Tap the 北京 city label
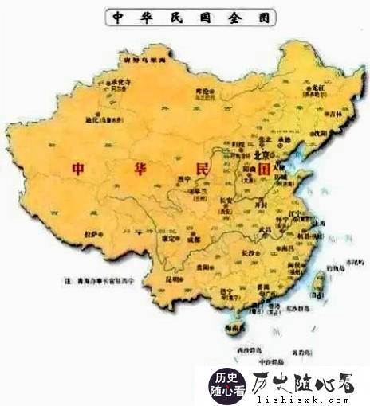tap(264, 154)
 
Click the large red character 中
tap(78, 169)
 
